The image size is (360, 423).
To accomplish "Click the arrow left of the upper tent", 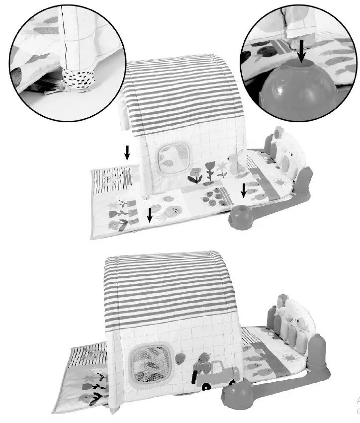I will (x=127, y=152).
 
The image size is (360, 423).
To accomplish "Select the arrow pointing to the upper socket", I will (x=243, y=190).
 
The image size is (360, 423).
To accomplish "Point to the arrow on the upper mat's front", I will (x=149, y=215).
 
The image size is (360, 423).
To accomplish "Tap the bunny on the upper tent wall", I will (x=233, y=164).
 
